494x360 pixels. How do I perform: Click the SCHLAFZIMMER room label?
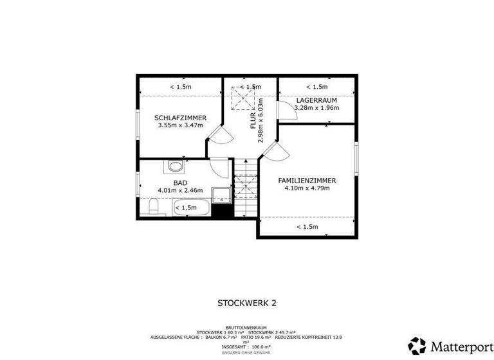pyautogui.click(x=180, y=118)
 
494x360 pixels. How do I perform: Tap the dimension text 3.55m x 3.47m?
pyautogui.click(x=180, y=125)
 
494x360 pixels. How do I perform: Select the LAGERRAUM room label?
pyautogui.click(x=316, y=100)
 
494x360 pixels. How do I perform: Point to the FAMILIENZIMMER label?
pyautogui.click(x=307, y=181)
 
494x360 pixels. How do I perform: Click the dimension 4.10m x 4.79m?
pyautogui.click(x=307, y=188)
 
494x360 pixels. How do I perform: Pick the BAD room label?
pyautogui.click(x=180, y=183)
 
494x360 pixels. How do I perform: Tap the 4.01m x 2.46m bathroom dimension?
pyautogui.click(x=180, y=190)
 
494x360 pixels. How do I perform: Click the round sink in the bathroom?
pyautogui.click(x=175, y=166)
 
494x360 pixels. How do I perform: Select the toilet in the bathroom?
pyautogui.click(x=153, y=207)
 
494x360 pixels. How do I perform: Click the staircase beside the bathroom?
pyautogui.click(x=245, y=190)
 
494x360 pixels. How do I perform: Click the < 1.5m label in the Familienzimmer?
pyautogui.click(x=307, y=226)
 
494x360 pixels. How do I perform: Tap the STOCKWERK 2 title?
pyautogui.click(x=246, y=302)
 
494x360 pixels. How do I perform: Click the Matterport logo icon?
pyautogui.click(x=417, y=346)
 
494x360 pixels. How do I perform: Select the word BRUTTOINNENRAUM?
pyautogui.click(x=247, y=328)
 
